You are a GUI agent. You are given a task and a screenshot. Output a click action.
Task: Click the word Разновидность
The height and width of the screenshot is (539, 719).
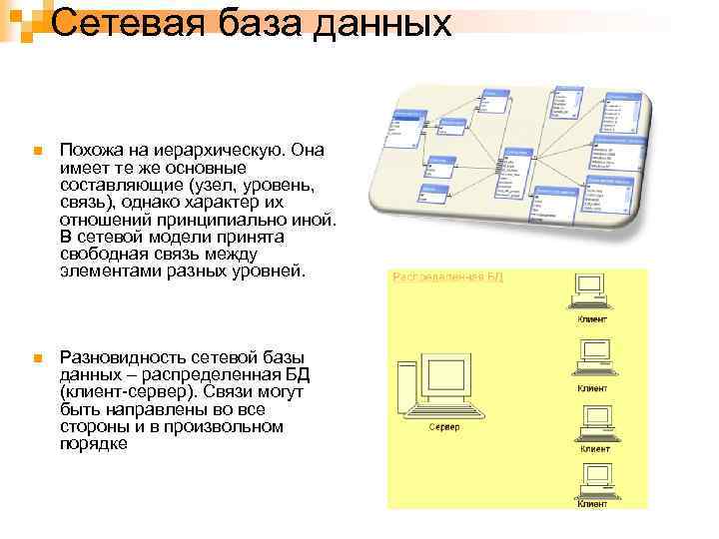click(126, 356)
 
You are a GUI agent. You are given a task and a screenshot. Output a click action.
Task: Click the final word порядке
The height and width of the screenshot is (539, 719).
click(94, 443)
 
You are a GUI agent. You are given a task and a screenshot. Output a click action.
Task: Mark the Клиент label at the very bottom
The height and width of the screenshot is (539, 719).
click(591, 504)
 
